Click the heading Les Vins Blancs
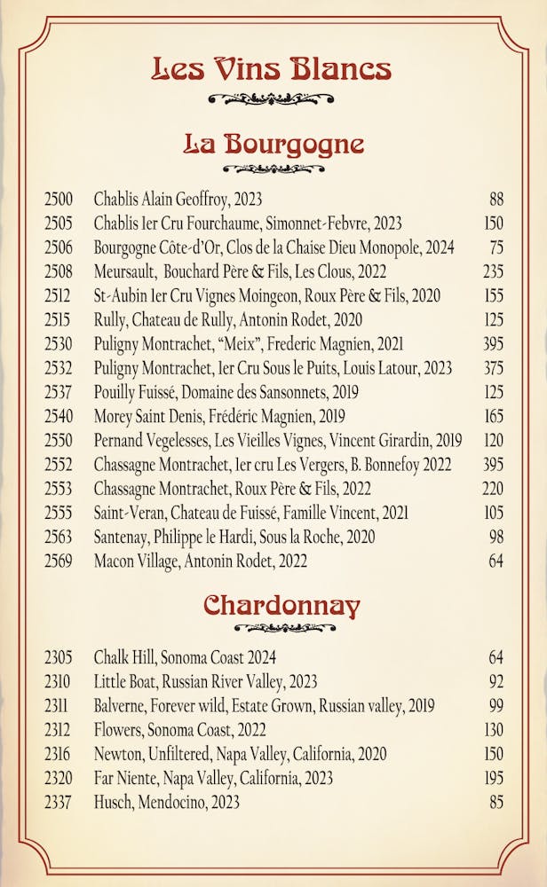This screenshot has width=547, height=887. [x=272, y=68]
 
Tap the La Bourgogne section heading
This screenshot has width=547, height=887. [x=273, y=144]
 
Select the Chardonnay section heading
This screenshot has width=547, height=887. [x=281, y=606]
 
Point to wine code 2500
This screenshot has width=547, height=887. [x=59, y=200]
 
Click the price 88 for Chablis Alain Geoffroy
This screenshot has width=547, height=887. [x=495, y=200]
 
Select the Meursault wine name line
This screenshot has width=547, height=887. [x=240, y=271]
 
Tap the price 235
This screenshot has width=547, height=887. [x=493, y=271]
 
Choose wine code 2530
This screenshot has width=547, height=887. [x=59, y=344]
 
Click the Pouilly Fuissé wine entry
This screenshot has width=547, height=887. [x=225, y=392]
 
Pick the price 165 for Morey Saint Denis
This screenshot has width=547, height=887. [x=493, y=416]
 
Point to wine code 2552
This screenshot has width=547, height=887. [x=59, y=465]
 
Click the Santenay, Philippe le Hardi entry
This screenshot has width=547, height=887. [x=234, y=537]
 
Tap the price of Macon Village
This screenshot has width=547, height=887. [x=495, y=561]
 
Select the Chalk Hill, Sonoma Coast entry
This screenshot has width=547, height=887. [x=185, y=658]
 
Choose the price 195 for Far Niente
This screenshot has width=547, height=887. [x=493, y=778]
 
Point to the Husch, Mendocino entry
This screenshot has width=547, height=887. [x=167, y=802]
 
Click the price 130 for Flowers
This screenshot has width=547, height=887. [x=493, y=730]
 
